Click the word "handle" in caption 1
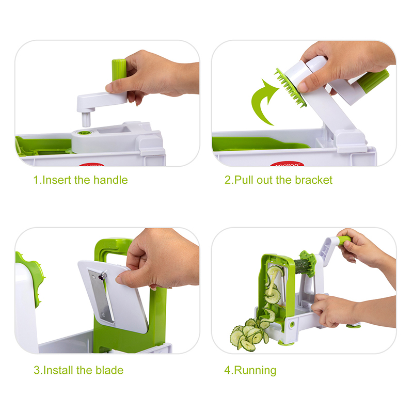(110, 180)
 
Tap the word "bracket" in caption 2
(313, 180)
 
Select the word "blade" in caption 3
(109, 370)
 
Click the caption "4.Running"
(250, 371)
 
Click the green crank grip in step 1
(119, 70)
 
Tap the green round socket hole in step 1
(85, 133)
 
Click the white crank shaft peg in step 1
(86, 119)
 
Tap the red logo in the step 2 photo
(287, 164)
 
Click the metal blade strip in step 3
(101, 295)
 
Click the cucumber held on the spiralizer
(301, 266)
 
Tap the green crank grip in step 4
(344, 240)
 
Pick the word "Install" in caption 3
(58, 370)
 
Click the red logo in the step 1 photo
(91, 165)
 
